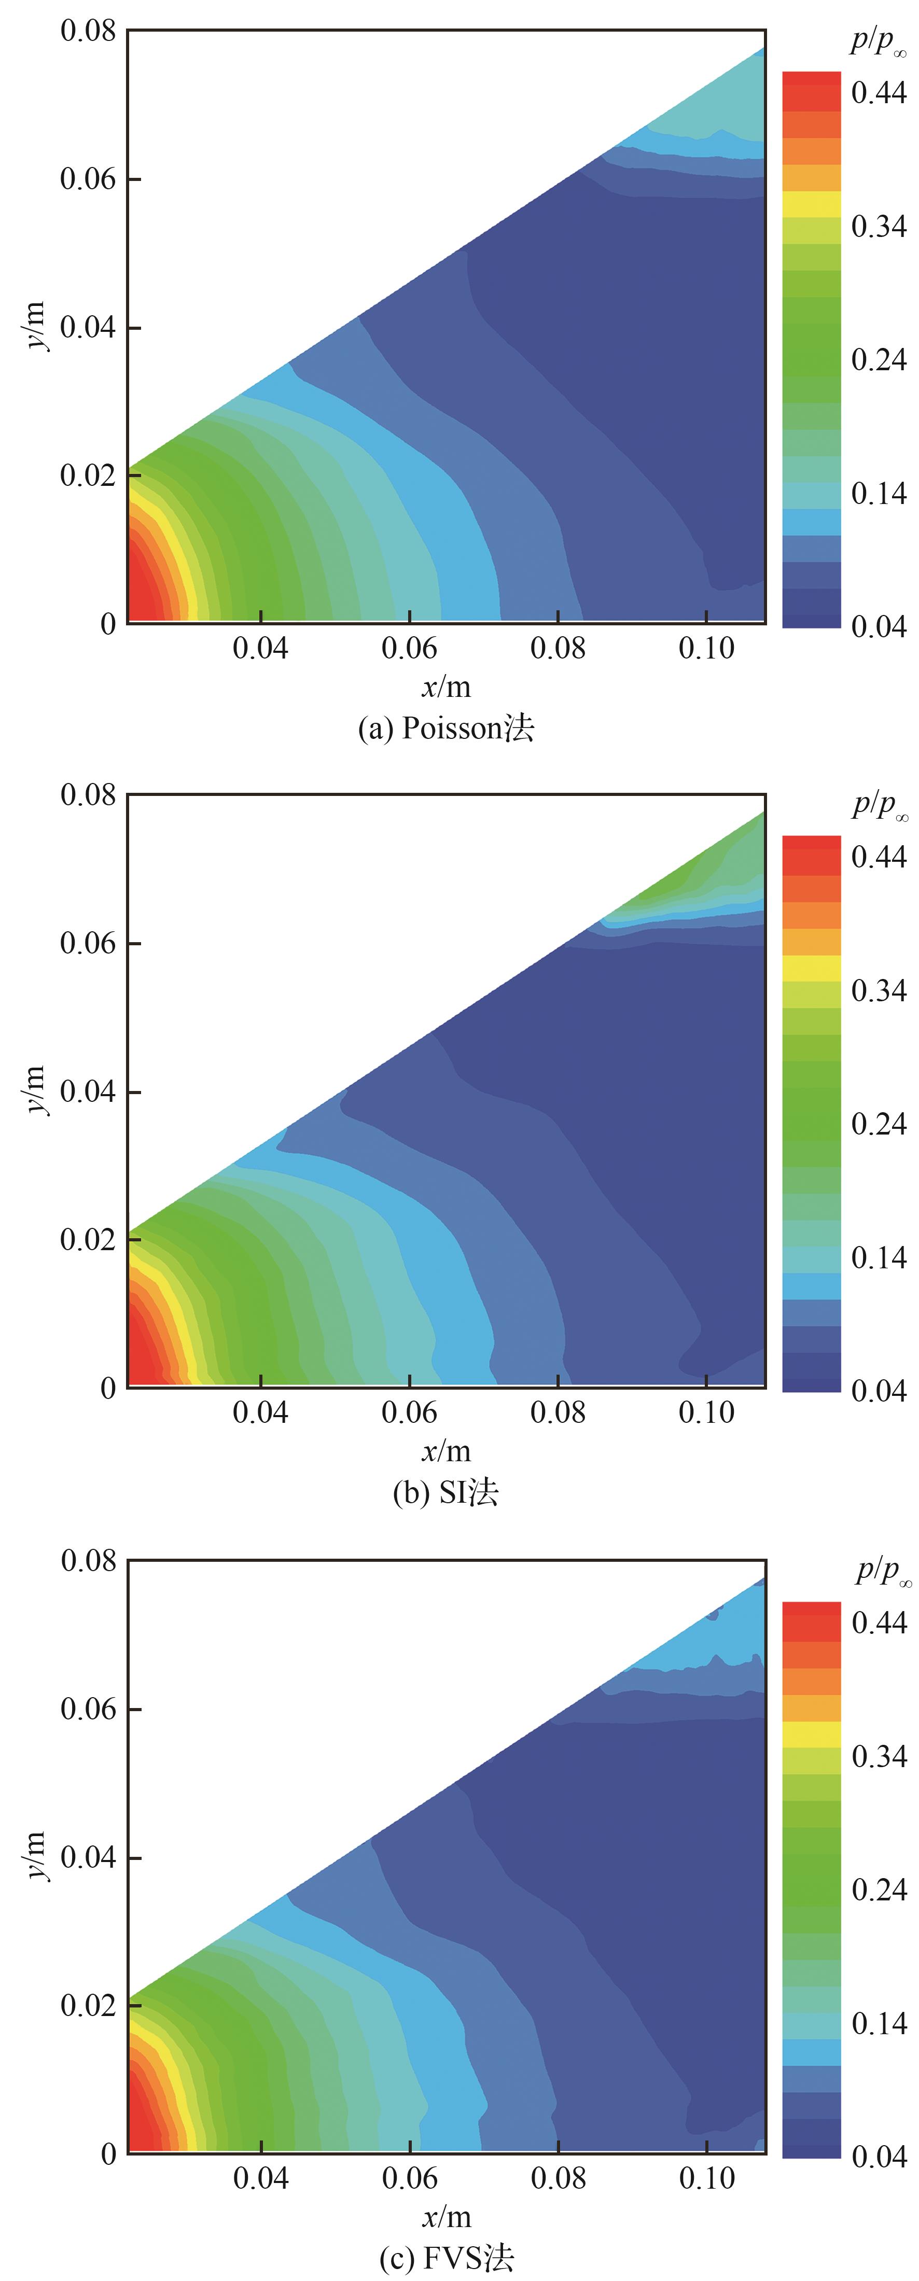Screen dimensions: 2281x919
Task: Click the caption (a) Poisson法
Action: [x=445, y=728]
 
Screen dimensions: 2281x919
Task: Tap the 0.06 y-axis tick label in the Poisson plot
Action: [x=88, y=179]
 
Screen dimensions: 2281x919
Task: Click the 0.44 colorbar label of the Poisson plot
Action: [x=878, y=92]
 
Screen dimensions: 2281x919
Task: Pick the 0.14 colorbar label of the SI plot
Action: [x=878, y=1256]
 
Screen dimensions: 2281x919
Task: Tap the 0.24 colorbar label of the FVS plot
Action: [x=878, y=1888]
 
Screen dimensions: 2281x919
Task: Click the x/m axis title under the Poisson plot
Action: [x=445, y=686]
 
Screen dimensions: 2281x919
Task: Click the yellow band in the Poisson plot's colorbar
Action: [x=811, y=204]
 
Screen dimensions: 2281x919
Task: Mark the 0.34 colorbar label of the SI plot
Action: [x=878, y=990]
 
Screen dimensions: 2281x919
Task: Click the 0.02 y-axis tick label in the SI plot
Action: [x=88, y=1240]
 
